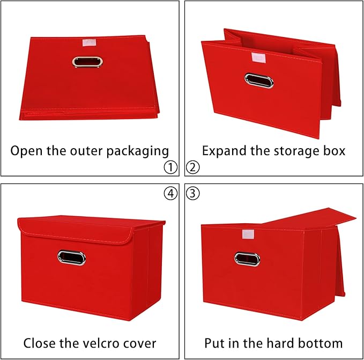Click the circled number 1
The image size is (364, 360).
(170, 167)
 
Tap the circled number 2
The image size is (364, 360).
(193, 167)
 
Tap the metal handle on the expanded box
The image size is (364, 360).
(259, 80)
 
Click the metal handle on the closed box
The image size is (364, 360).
(71, 258)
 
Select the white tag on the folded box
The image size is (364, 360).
(86, 42)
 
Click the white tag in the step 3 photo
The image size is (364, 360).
(249, 234)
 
